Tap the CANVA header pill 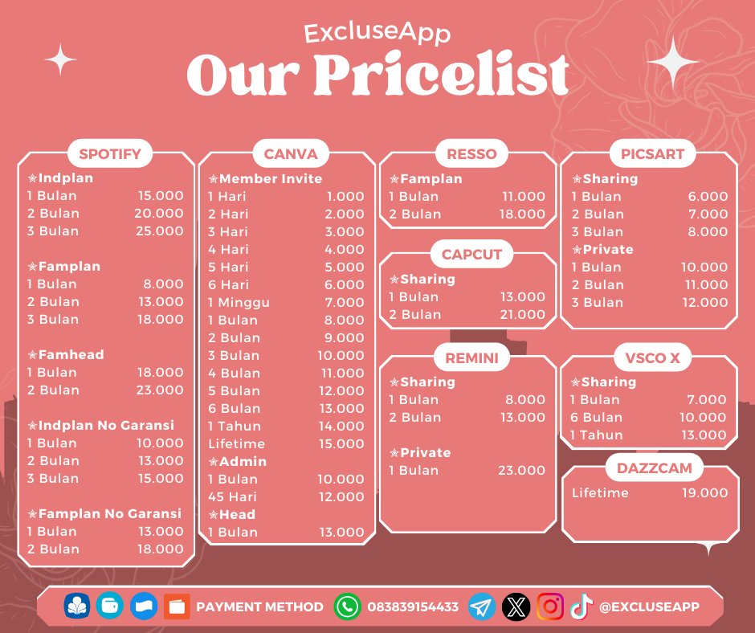(x=290, y=153)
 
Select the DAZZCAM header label (x=649, y=468)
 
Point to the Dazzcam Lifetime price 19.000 (x=704, y=492)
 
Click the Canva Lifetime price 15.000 (x=344, y=443)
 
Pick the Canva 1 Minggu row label (x=239, y=302)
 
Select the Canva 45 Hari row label (x=233, y=496)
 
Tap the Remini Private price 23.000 (x=521, y=470)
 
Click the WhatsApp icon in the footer (x=348, y=606)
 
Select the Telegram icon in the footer (x=482, y=606)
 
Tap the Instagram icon (x=550, y=606)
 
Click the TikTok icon (x=581, y=606)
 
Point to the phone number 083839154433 (x=413, y=607)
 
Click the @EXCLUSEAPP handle (x=649, y=607)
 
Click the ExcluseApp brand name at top (x=377, y=33)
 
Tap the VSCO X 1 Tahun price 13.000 (x=704, y=435)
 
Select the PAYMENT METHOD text (x=260, y=607)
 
